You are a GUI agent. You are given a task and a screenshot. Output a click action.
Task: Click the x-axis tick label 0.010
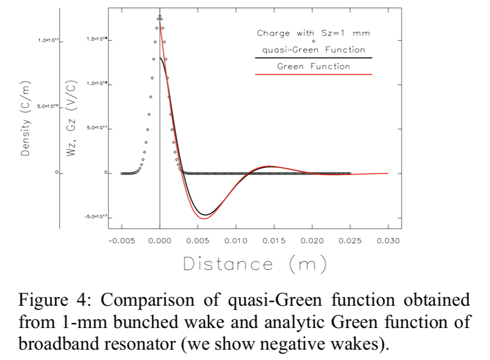236,240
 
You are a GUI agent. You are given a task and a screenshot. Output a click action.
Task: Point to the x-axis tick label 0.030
388,240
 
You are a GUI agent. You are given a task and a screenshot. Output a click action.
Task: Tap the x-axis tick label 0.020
312,240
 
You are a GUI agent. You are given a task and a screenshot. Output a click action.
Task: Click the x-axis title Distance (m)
255,264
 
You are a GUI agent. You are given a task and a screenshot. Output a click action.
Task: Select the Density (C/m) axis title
25,119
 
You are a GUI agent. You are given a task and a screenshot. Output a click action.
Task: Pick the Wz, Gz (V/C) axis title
70,119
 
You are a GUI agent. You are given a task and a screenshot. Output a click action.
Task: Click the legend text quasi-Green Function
313,49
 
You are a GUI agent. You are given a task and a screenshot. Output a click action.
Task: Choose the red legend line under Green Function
313,74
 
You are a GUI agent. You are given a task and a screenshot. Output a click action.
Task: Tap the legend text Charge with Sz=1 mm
313,33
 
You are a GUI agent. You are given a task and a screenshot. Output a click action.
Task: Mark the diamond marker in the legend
313,41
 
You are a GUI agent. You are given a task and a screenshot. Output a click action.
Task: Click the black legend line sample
313,57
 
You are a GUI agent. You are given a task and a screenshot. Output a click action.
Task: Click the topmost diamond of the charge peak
160,16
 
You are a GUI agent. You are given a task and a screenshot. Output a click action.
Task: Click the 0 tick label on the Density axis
55,173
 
